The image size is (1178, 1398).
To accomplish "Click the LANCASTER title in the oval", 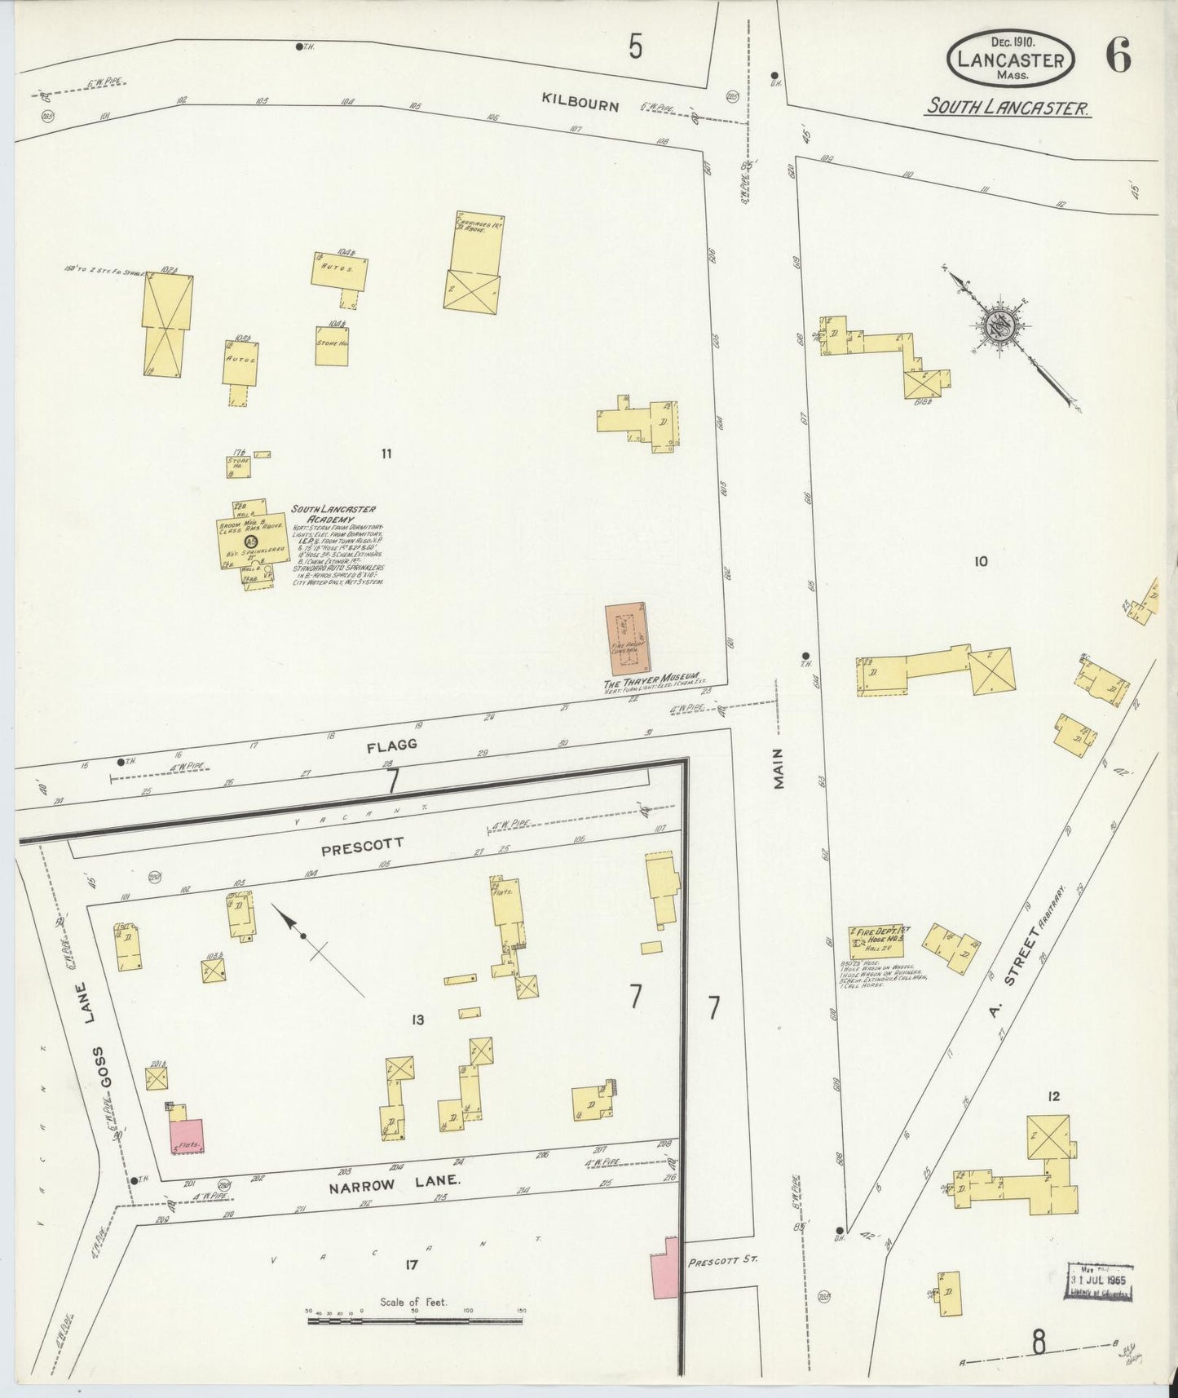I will tap(1010, 60).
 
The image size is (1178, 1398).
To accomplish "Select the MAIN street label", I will tap(779, 768).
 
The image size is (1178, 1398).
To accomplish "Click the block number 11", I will tap(386, 453).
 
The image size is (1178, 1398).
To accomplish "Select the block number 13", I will tap(418, 1020).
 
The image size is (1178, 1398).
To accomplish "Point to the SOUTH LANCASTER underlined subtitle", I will tap(1008, 108).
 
